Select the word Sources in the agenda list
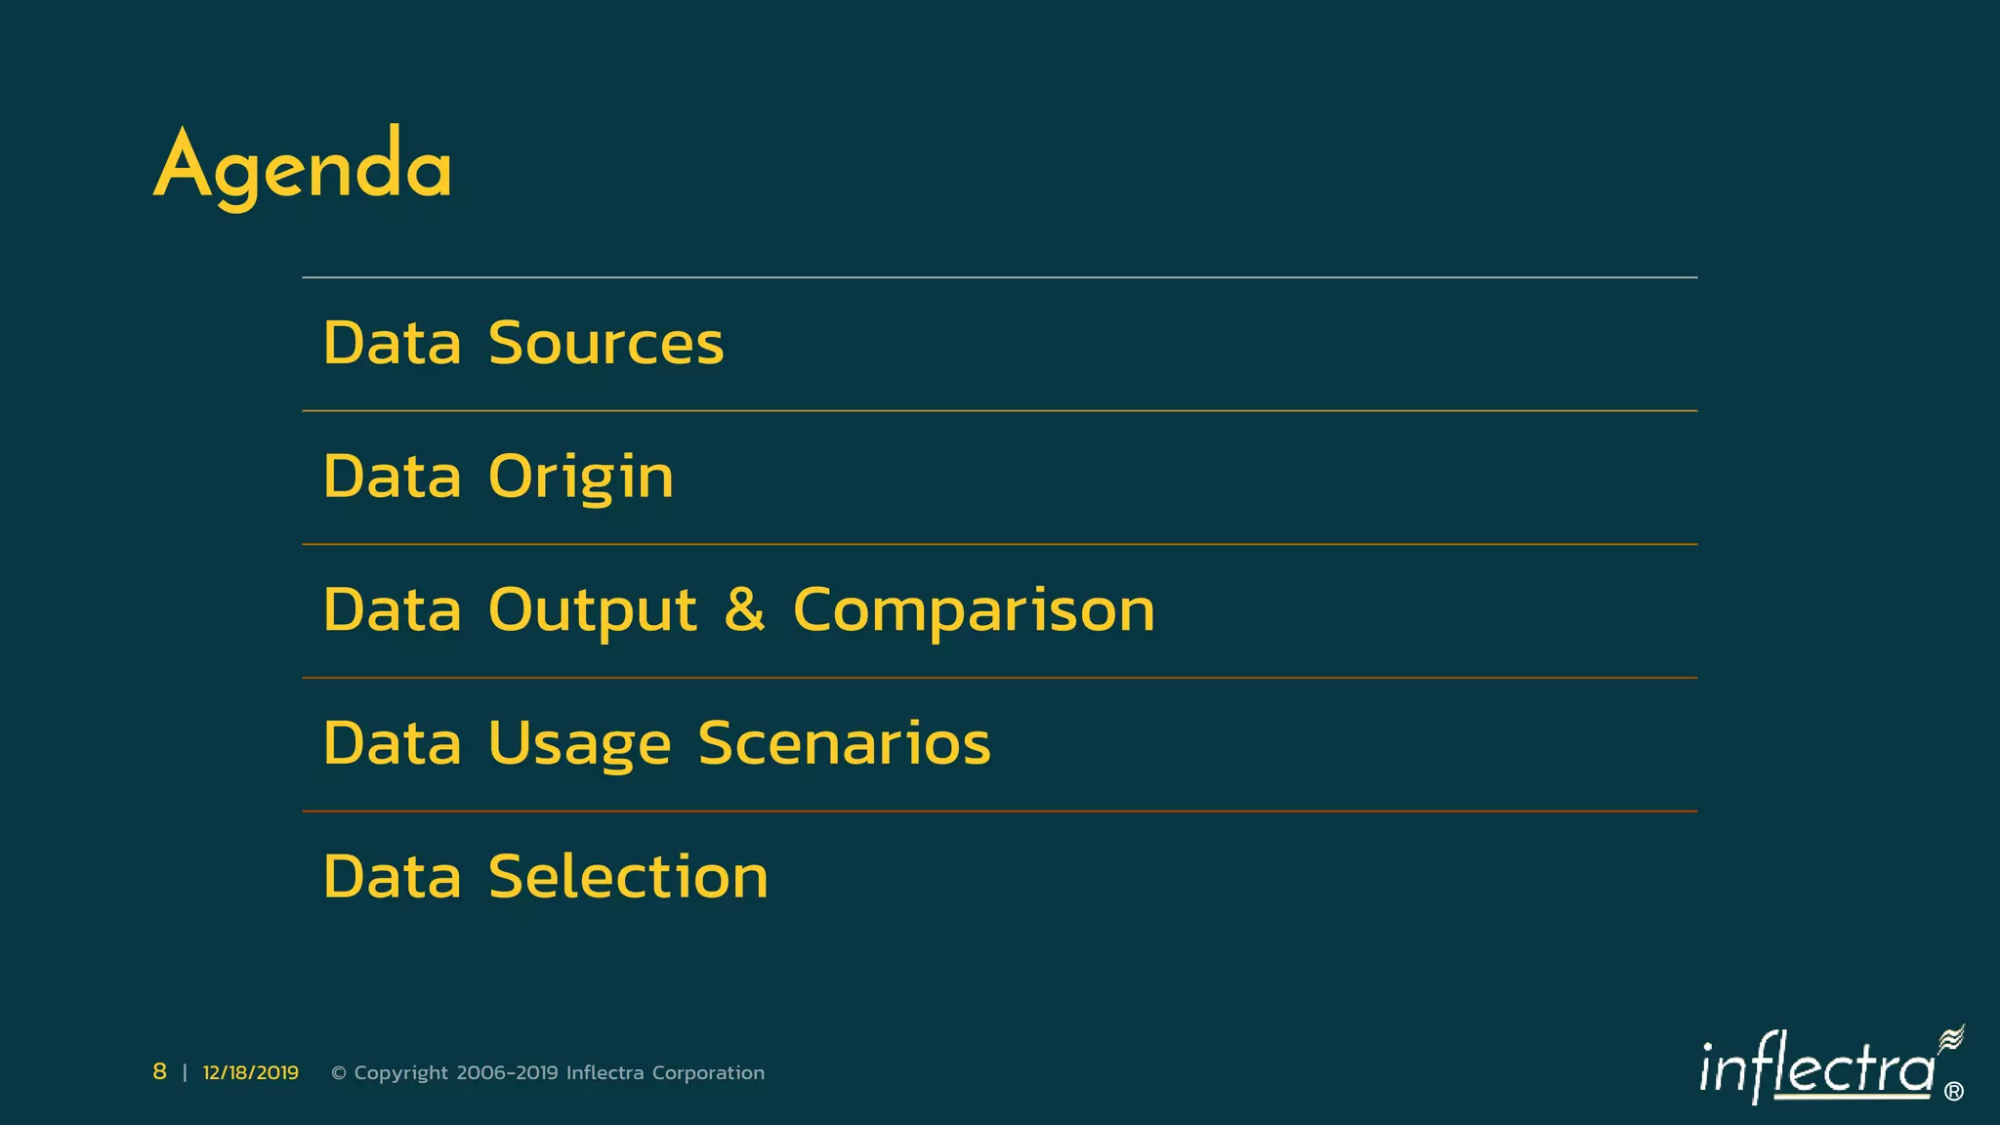tap(605, 344)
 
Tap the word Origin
tap(580, 478)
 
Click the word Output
tap(592, 611)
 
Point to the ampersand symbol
tap(744, 609)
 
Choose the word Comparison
tap(974, 611)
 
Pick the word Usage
tap(579, 744)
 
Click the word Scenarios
tap(844, 743)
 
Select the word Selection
tap(628, 877)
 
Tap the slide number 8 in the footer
tap(159, 1072)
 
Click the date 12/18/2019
tap(251, 1073)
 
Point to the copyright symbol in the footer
tap(339, 1073)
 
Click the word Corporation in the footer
tap(708, 1073)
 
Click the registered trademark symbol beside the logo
tap(1953, 1092)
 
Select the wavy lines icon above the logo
tap(1950, 1039)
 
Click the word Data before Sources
tap(392, 344)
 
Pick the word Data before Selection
tap(392, 877)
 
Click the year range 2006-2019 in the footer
tap(507, 1073)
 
